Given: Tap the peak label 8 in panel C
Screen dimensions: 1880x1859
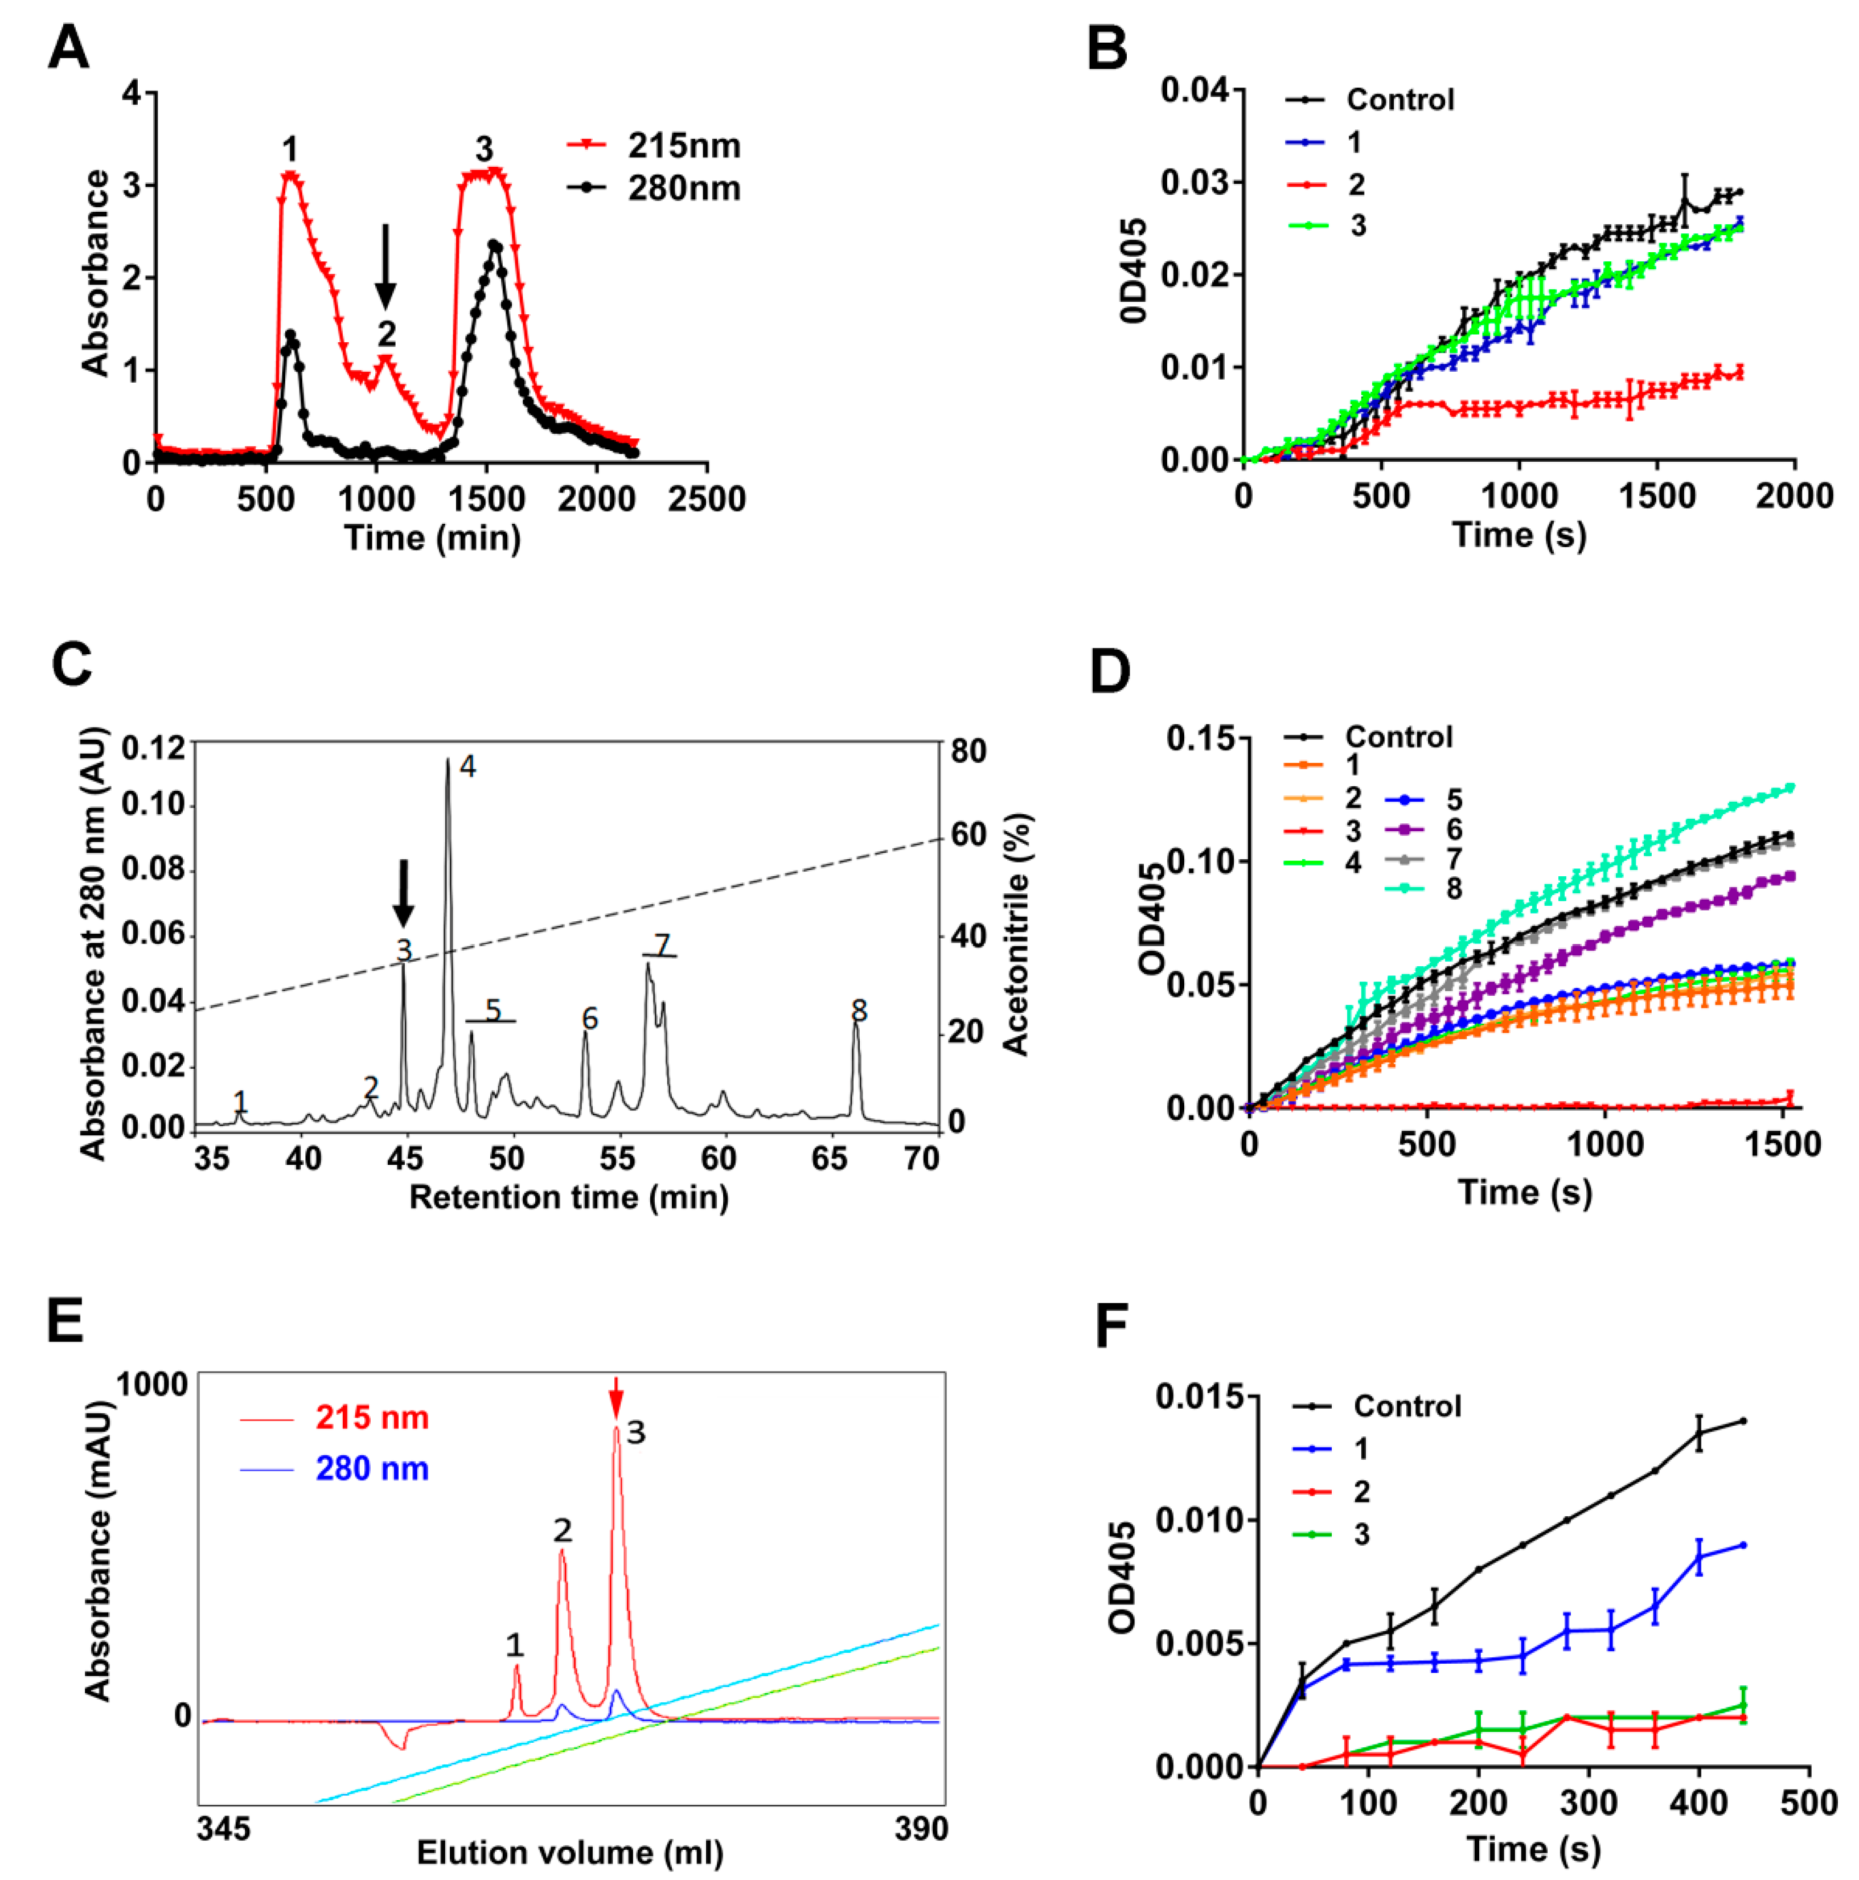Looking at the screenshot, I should (x=859, y=1011).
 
